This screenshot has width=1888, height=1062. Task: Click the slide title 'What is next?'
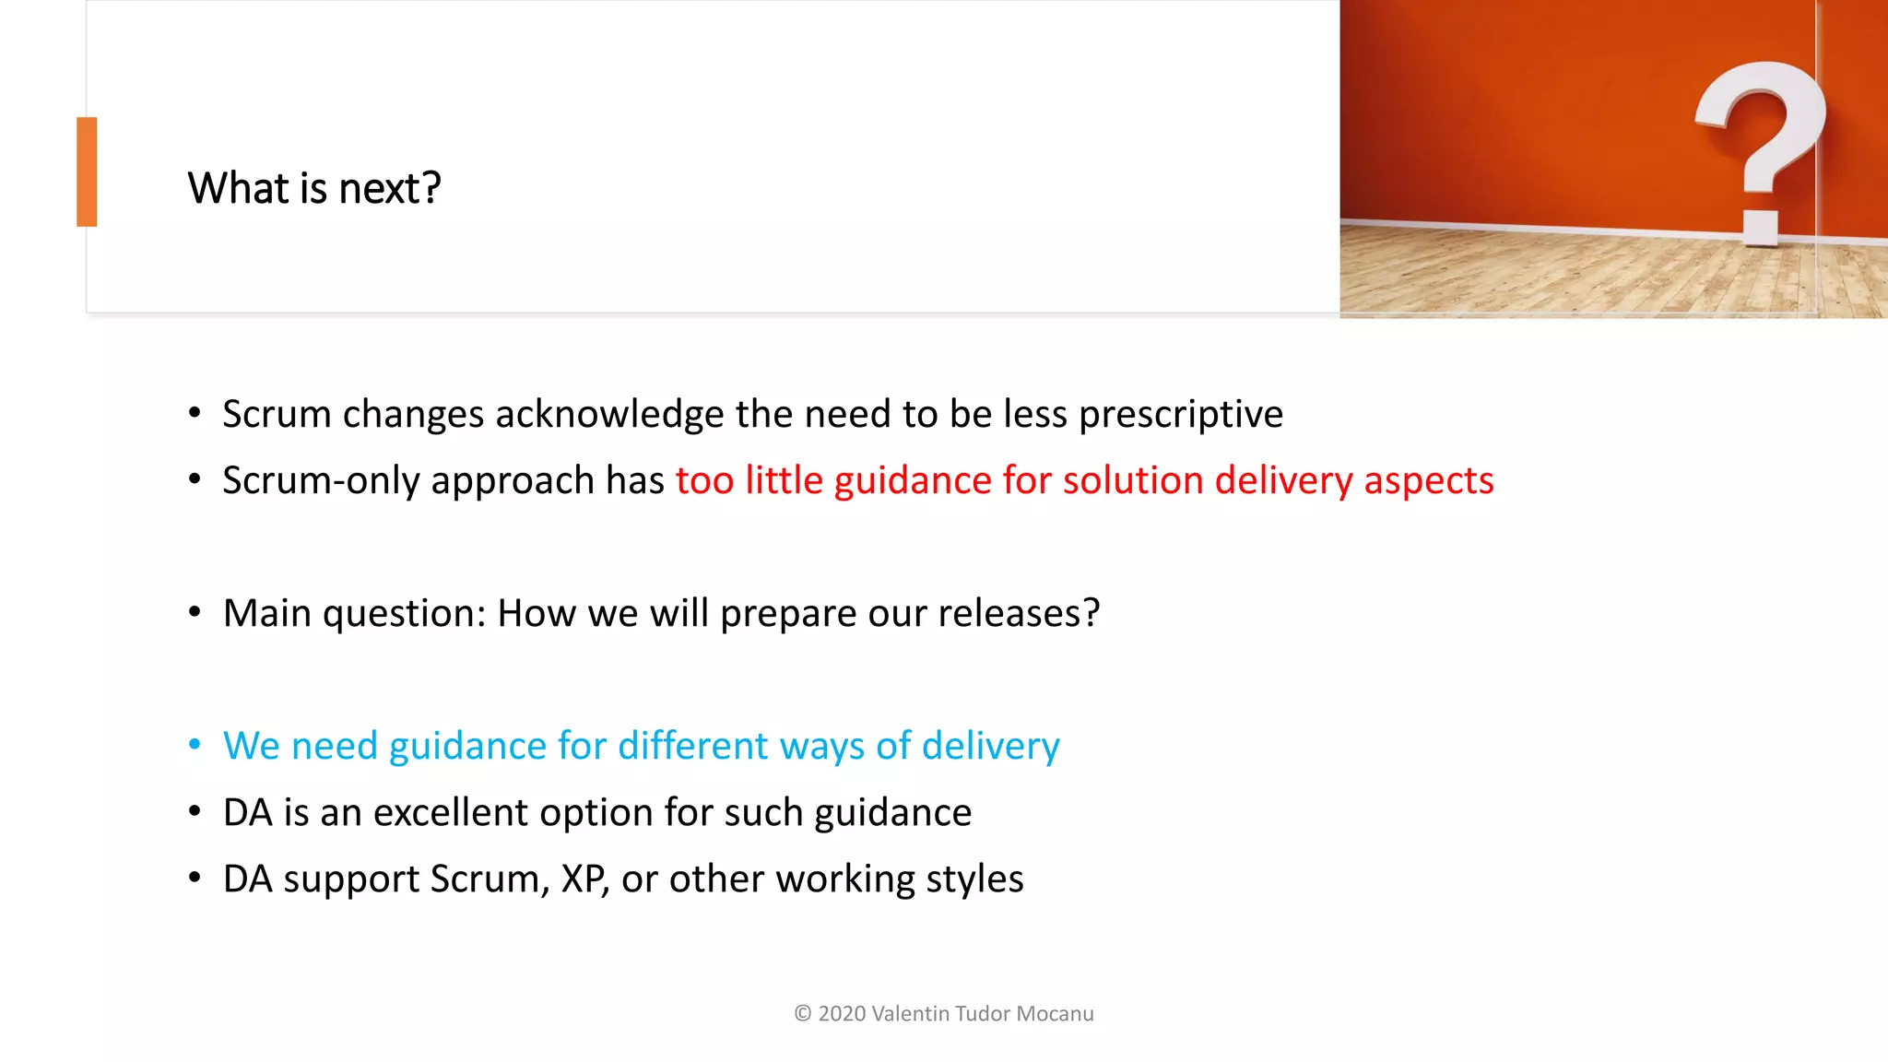coord(314,188)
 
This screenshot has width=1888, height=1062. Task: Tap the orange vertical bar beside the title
coord(87,171)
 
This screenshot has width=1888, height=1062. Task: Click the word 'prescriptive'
coord(1181,414)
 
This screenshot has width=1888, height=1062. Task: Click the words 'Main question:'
coord(354,613)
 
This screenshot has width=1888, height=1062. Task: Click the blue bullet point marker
coord(195,745)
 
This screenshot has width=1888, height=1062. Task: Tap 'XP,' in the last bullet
coord(584,879)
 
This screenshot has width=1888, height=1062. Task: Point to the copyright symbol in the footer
coord(803,1014)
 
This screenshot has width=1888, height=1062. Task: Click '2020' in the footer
coord(842,1014)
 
